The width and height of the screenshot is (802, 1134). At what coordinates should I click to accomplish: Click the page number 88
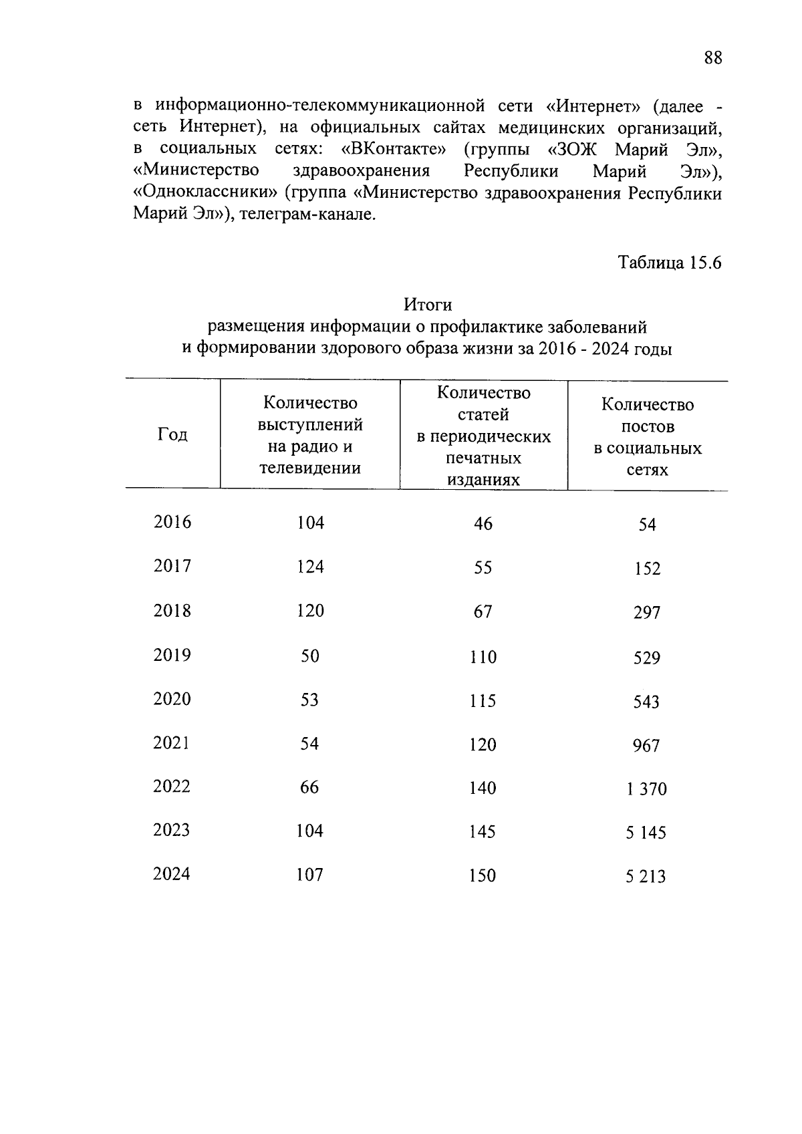[712, 58]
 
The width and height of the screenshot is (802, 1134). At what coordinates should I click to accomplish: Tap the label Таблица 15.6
[670, 263]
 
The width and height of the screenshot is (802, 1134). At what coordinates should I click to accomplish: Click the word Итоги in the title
[428, 305]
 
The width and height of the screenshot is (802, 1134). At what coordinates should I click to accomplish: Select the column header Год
[172, 435]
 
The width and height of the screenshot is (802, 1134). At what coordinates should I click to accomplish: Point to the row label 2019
[172, 655]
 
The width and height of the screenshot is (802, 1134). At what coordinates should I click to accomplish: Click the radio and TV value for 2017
[310, 567]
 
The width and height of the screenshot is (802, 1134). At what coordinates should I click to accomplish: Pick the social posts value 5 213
[646, 877]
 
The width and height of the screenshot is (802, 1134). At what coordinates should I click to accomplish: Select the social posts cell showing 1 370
[646, 789]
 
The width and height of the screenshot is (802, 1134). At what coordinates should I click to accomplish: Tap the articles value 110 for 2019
[483, 658]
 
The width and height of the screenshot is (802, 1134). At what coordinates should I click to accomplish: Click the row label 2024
[172, 874]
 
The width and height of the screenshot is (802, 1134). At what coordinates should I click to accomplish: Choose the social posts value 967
[646, 746]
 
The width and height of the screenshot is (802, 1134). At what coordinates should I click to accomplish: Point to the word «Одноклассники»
[205, 194]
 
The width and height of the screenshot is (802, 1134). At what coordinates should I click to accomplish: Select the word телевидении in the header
[310, 468]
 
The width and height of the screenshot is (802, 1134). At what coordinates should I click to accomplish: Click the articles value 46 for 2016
[483, 524]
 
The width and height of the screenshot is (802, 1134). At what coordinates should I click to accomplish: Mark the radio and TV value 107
[310, 875]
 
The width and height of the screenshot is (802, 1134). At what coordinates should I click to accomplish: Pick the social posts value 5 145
[646, 833]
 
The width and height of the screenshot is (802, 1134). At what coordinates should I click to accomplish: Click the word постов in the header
[648, 426]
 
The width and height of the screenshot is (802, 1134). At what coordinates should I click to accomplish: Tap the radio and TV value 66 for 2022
[309, 787]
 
